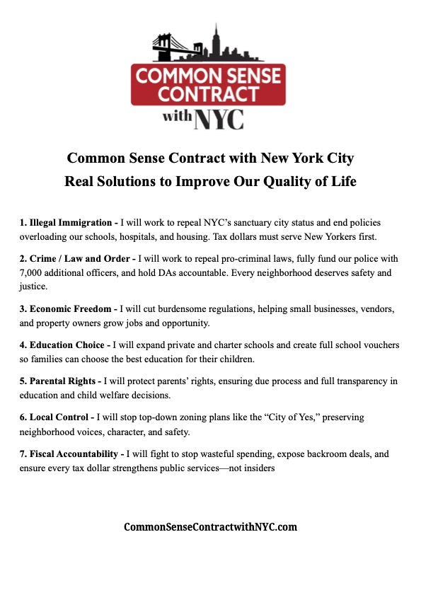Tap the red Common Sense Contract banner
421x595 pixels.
209,83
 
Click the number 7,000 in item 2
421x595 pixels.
33,272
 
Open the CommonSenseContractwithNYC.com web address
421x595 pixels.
210,527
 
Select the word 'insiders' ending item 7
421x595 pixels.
257,467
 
